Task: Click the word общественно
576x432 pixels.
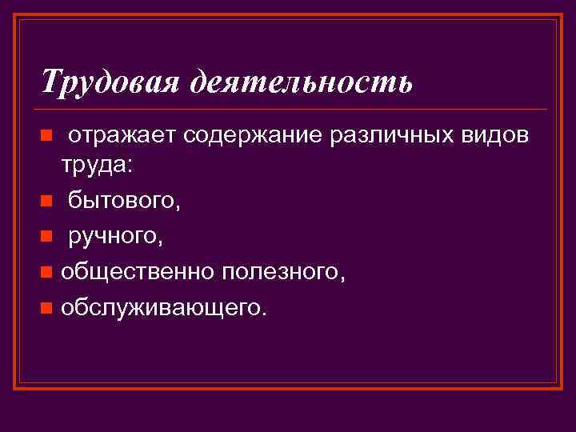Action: pyautogui.click(x=137, y=271)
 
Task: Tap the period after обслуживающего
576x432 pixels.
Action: pyautogui.click(x=263, y=313)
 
